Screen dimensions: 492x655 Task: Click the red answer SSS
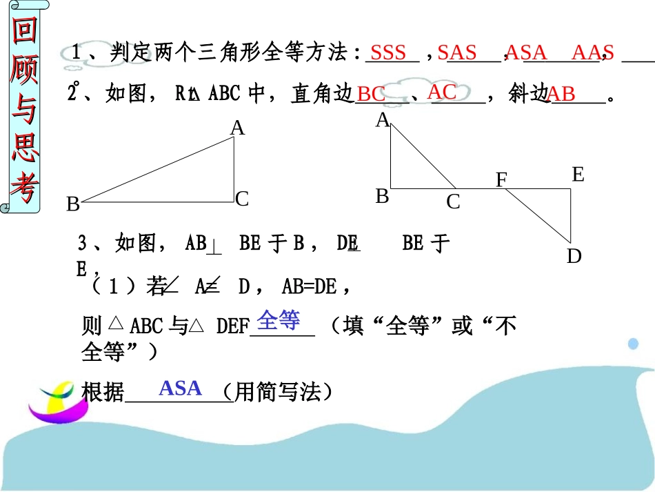tap(388, 53)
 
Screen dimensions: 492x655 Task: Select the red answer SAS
tap(457, 52)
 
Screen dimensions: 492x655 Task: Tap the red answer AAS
tap(592, 52)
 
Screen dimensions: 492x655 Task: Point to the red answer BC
tap(372, 95)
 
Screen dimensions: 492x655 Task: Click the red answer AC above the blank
tap(442, 92)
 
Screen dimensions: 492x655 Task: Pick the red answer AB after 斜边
tap(561, 95)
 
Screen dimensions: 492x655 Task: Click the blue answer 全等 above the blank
tap(279, 319)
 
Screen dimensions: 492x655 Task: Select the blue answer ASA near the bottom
tap(180, 388)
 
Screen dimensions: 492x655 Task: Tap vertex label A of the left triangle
tap(237, 128)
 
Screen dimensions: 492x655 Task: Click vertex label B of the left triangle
tap(72, 205)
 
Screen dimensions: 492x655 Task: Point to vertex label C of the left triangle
tap(241, 199)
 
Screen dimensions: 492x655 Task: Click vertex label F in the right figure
tap(501, 180)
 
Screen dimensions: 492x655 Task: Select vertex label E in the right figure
tap(578, 175)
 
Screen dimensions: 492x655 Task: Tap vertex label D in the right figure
tap(574, 257)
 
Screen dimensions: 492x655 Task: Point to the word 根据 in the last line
tap(103, 392)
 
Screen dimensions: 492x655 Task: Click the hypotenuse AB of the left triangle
tap(157, 170)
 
